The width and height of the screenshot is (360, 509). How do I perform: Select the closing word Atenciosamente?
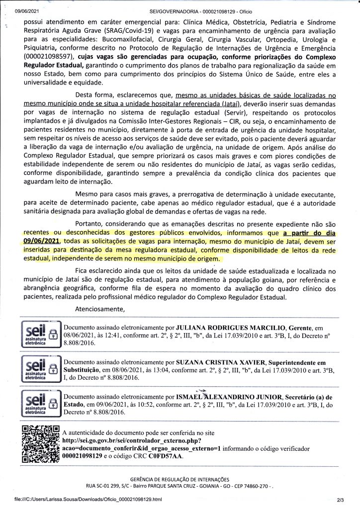click(x=99, y=309)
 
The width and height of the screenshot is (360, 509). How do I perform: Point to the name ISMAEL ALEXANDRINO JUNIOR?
click(x=228, y=397)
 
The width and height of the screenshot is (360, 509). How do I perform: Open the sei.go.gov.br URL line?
click(x=131, y=440)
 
